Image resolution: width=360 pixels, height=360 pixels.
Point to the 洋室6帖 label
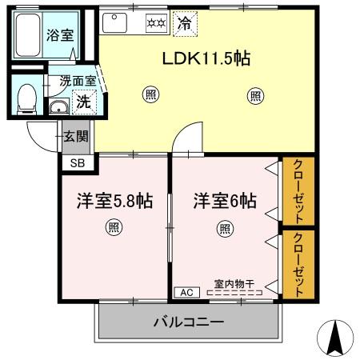tap(225, 202)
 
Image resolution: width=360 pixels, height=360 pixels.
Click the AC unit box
tap(186, 292)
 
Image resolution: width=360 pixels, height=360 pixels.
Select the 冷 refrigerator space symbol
tap(183, 24)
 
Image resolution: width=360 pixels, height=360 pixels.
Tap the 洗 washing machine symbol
tap(82, 102)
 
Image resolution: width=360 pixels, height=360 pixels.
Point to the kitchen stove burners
tap(154, 24)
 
